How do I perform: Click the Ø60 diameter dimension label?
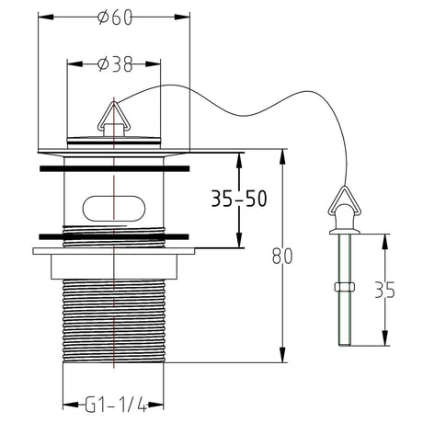[x=115, y=17]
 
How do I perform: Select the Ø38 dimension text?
[x=115, y=64]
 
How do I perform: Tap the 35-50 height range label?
[x=239, y=199]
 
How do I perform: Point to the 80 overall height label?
[x=282, y=256]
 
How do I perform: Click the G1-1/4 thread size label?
[x=116, y=405]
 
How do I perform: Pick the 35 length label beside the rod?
[x=385, y=290]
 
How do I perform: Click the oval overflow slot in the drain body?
[x=113, y=208]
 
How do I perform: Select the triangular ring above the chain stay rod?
[x=345, y=200]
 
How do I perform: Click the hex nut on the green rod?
[x=345, y=287]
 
